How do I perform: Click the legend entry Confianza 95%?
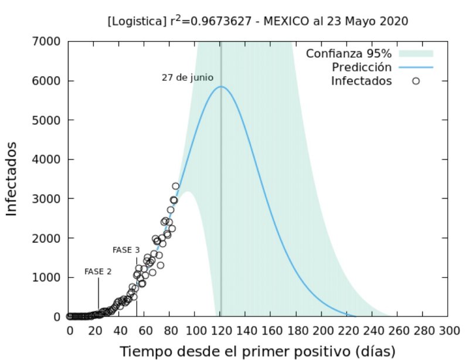coord(348,54)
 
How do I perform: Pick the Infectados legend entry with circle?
coord(361,81)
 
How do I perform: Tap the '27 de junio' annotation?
coord(188,77)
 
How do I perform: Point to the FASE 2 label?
coord(98,272)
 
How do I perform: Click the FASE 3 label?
coord(126,250)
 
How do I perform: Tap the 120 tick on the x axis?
coord(220,330)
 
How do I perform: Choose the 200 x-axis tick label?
coord(321,330)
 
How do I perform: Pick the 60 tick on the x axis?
coord(145,330)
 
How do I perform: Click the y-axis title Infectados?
coord(13,179)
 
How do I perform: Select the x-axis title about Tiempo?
coord(257,351)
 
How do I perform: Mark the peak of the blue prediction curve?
coord(221,87)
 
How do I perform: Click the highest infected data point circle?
coord(175,186)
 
